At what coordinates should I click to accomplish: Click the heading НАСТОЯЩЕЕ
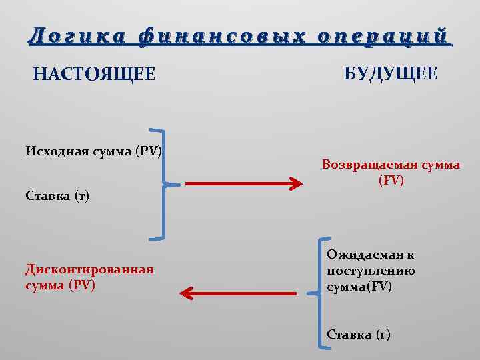(x=94, y=74)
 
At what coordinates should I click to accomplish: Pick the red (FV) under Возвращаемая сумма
(x=391, y=180)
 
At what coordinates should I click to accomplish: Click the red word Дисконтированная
(x=89, y=269)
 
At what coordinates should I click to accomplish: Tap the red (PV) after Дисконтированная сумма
(x=81, y=285)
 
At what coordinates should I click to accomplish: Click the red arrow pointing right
(x=244, y=184)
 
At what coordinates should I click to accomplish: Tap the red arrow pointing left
(x=238, y=293)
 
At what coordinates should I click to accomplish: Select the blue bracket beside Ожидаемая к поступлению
(x=322, y=292)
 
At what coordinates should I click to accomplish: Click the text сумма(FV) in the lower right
(x=360, y=287)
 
